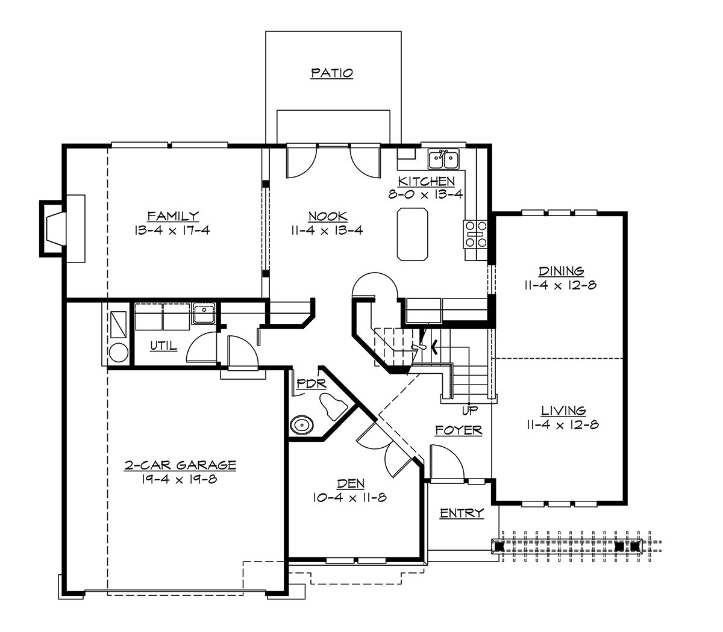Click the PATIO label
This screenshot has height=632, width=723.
(331, 73)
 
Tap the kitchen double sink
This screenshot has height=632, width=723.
(443, 160)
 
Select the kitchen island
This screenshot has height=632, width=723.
(413, 234)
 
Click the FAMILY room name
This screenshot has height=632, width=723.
(173, 215)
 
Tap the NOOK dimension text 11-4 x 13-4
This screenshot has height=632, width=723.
(327, 230)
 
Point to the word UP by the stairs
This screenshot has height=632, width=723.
(469, 411)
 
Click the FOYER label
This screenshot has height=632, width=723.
(459, 430)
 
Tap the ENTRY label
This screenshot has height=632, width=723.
(462, 513)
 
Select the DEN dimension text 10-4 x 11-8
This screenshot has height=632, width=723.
(349, 498)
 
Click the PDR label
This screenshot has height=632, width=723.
(311, 383)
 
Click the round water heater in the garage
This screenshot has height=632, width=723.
(118, 353)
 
